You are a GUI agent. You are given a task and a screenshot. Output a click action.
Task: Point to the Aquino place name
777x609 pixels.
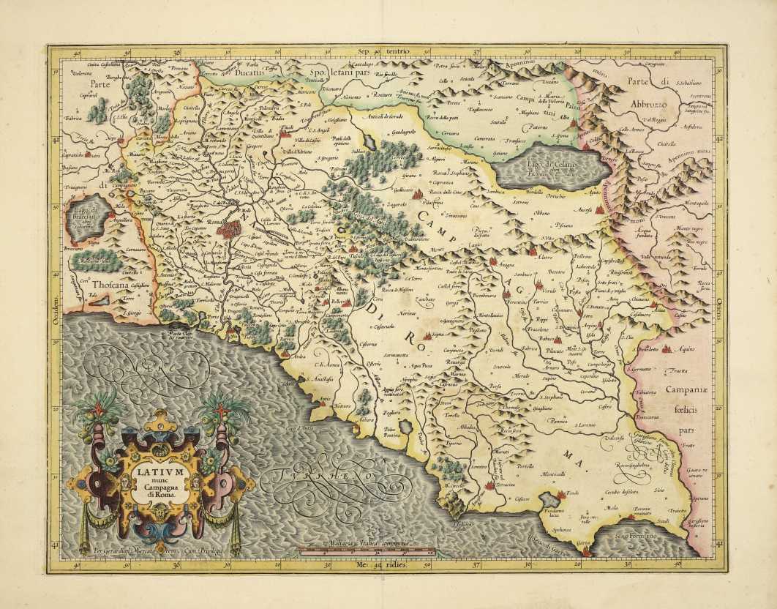(687, 352)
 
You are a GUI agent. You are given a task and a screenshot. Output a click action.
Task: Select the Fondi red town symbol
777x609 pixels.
(561, 496)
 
